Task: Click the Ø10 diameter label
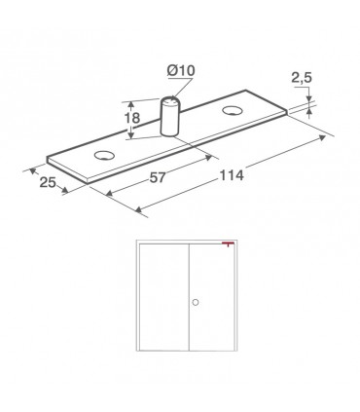click(x=181, y=70)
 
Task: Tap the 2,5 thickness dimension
click(x=302, y=78)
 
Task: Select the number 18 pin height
click(x=132, y=118)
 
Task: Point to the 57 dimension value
click(x=158, y=177)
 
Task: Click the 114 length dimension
click(x=232, y=175)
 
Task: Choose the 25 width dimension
click(x=48, y=182)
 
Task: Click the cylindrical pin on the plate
click(x=169, y=116)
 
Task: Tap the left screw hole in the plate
click(x=105, y=155)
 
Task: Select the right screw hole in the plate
click(x=233, y=110)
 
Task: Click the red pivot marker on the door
click(x=229, y=243)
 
